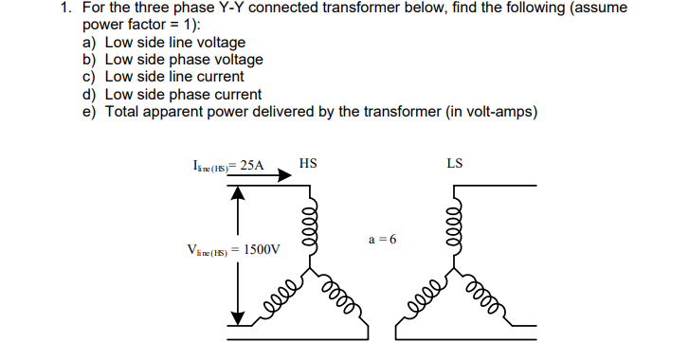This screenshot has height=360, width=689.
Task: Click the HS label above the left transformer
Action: [307, 164]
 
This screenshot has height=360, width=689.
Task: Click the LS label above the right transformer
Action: [455, 164]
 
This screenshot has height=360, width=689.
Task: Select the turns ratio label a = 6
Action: [383, 238]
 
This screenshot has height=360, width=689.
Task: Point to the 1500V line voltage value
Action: [263, 250]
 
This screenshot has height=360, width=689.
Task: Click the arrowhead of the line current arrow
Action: [282, 174]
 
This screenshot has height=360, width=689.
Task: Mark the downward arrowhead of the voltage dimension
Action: [239, 315]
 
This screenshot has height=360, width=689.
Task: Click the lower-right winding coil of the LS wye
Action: [488, 297]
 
